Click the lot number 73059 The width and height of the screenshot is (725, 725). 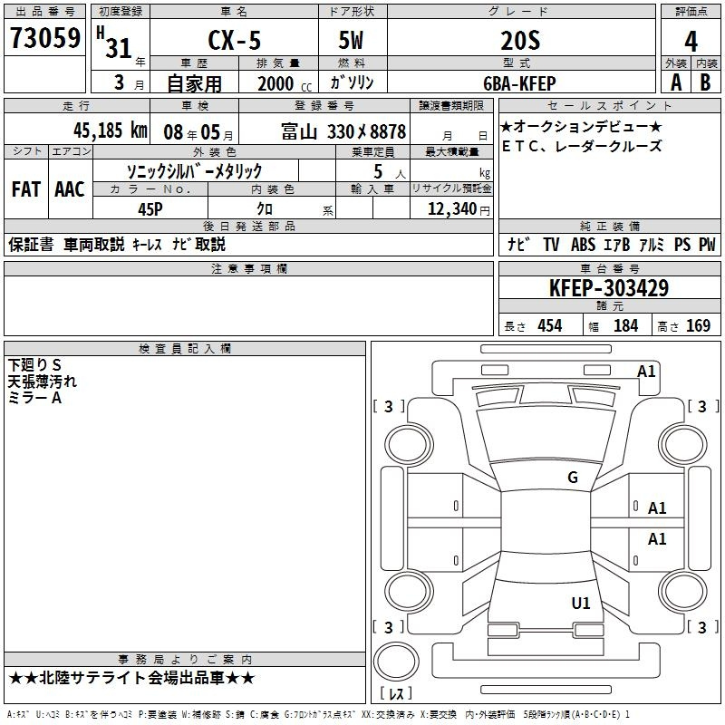coord(45,38)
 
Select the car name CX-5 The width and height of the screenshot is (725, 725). coord(235,40)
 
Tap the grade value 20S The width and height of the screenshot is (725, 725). coord(520,41)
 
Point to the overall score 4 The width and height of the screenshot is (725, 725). coord(691,42)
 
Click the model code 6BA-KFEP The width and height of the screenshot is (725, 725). coord(519,83)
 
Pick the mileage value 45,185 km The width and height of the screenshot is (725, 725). coord(111,130)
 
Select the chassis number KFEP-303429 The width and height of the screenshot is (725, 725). coord(609,288)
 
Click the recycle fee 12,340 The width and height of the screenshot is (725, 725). coord(452,209)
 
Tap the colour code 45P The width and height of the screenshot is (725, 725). coord(150,209)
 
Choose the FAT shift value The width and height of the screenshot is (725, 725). coord(26,189)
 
